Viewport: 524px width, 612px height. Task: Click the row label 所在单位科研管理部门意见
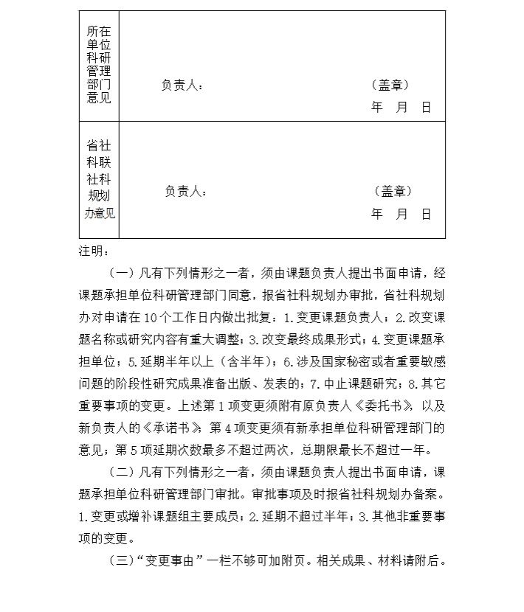coord(99,65)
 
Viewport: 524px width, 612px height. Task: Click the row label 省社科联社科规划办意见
coord(99,179)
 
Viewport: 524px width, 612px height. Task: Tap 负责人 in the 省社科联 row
coord(186,192)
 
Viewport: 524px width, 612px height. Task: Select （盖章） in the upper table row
coord(389,86)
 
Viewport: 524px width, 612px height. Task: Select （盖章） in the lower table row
coord(392,192)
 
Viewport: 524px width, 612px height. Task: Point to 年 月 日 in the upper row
coord(401,108)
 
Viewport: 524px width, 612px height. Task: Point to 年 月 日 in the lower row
coord(401,214)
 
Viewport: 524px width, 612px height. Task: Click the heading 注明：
coord(94,252)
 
